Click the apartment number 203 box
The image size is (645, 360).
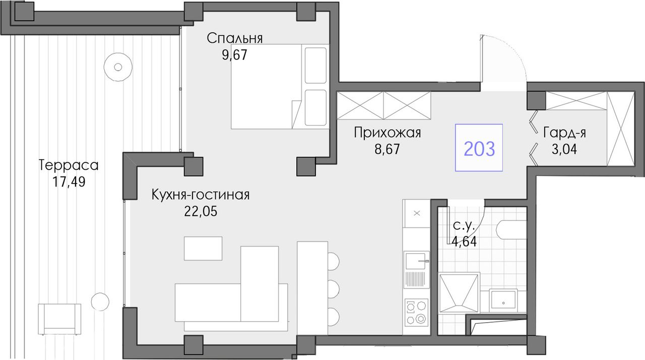(479, 148)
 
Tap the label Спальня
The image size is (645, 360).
(235, 38)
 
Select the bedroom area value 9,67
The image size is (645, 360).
(234, 55)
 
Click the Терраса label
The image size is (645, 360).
(69, 165)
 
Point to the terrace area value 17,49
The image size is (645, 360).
(69, 182)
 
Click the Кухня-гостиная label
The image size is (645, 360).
(201, 195)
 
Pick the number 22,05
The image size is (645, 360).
(201, 212)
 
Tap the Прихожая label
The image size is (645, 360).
(388, 133)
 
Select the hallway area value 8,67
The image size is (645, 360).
(388, 149)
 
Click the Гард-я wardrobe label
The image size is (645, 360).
(564, 133)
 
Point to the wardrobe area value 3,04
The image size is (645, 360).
(564, 149)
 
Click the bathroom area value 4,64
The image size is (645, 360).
(464, 242)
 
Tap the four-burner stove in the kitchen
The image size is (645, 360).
(417, 313)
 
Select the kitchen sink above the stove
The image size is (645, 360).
(417, 261)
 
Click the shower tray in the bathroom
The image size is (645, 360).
(459, 293)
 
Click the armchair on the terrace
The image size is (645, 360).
(59, 319)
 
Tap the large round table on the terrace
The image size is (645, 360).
(118, 67)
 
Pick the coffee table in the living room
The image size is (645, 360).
(203, 249)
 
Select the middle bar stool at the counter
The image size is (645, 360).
(334, 289)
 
